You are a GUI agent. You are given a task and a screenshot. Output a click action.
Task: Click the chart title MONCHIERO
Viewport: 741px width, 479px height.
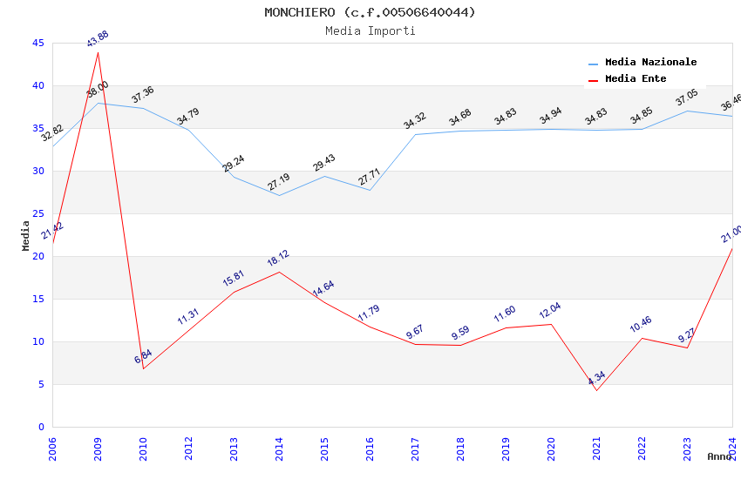coord(370,12)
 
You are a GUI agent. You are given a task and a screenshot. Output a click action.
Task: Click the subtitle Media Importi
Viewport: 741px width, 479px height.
coord(370,31)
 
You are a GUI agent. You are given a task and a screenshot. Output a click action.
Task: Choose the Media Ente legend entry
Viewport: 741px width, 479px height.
coord(636,79)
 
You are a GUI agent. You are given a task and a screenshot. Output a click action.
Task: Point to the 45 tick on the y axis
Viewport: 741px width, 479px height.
coord(37,44)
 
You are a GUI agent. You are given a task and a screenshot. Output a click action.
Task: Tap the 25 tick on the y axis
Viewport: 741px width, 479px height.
coord(37,214)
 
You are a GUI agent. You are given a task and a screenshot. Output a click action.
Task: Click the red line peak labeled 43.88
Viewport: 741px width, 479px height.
coord(98,52)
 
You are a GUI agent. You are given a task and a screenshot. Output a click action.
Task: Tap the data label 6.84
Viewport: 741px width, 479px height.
coord(143,357)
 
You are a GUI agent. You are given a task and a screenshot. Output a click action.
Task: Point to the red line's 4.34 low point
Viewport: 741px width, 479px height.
coord(596,390)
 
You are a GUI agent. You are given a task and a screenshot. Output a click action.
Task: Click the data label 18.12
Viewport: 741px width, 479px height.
coord(279,259)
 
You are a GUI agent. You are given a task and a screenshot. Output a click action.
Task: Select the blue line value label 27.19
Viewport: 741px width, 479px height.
coord(279,182)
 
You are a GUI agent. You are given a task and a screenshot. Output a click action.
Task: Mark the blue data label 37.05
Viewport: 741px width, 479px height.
coord(687,98)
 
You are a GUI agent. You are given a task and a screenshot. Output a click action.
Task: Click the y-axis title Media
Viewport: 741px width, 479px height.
coord(25,235)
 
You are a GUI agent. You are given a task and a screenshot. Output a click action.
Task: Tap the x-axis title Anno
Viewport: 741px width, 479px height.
coord(719,456)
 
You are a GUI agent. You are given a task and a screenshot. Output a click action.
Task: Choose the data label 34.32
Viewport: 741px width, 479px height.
coord(415,121)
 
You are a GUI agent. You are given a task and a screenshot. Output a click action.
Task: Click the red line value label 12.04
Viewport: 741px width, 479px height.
coord(551,311)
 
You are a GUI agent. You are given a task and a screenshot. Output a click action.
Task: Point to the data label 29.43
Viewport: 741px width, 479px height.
coord(324,163)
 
